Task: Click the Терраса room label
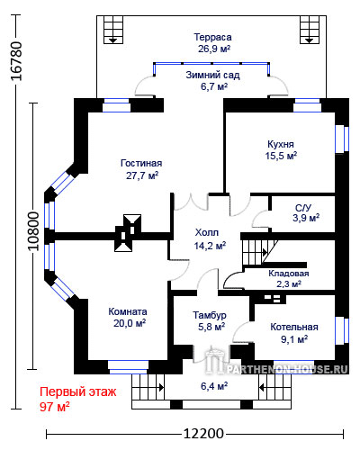[212, 37]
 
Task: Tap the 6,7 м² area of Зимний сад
[214, 86]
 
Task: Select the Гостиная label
[141, 163]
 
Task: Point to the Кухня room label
[281, 144]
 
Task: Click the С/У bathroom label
[303, 207]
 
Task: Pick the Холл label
[207, 232]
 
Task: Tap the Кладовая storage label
[289, 274]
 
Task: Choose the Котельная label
[294, 327]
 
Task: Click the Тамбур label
[210, 315]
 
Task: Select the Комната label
[128, 311]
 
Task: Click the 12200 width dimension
[203, 434]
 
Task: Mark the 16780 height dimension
[15, 61]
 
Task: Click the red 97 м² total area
[55, 407]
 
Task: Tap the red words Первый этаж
[78, 391]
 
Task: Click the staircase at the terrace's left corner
[113, 30]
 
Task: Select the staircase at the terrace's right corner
[310, 30]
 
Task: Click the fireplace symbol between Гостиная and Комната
[128, 233]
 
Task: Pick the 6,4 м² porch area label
[214, 386]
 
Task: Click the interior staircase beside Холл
[260, 251]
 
